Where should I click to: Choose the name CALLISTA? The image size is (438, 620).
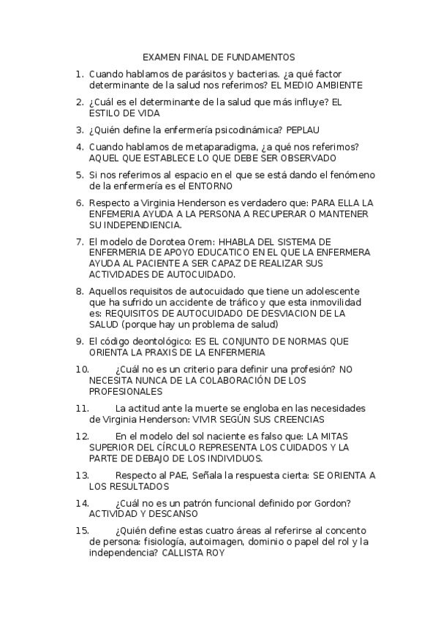(181, 553)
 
